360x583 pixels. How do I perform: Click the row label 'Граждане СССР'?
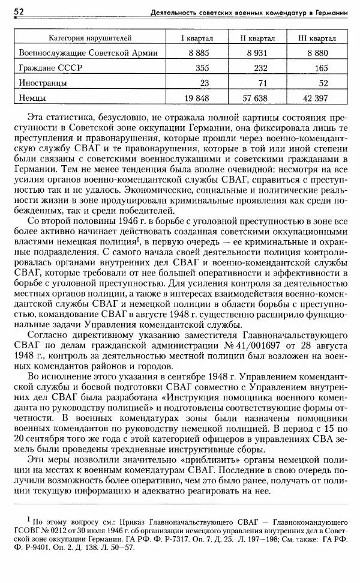point(50,68)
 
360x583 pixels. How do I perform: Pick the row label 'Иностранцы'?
point(43,82)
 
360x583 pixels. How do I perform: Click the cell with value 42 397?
point(317,97)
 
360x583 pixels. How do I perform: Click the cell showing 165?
point(322,68)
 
